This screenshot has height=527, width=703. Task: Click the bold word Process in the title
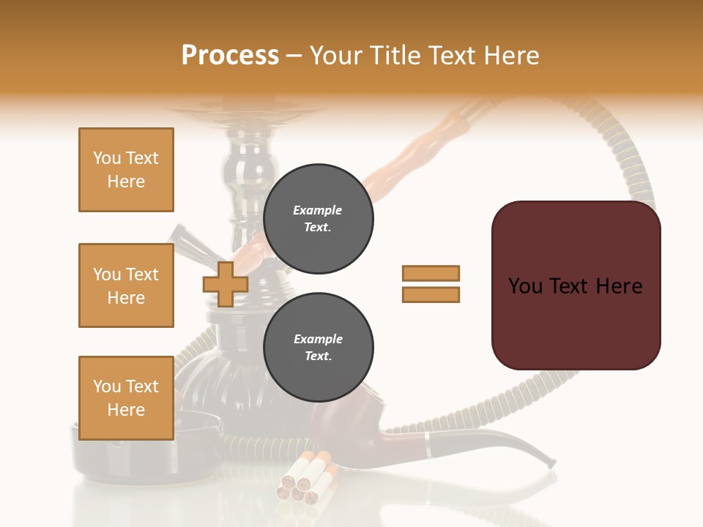tap(230, 55)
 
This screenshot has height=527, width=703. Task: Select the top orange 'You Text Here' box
tap(126, 170)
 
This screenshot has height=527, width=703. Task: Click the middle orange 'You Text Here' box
tap(126, 285)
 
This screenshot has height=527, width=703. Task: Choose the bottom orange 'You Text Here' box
tap(126, 397)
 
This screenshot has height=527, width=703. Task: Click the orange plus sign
tap(226, 284)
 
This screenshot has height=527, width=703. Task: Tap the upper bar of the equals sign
tap(431, 273)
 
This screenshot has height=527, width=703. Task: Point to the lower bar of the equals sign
tap(431, 294)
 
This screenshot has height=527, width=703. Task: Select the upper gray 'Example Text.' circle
tap(318, 218)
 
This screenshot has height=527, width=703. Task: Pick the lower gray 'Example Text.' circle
tap(318, 347)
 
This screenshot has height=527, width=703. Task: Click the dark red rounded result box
tap(576, 285)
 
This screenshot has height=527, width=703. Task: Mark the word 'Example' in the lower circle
tap(318, 339)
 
